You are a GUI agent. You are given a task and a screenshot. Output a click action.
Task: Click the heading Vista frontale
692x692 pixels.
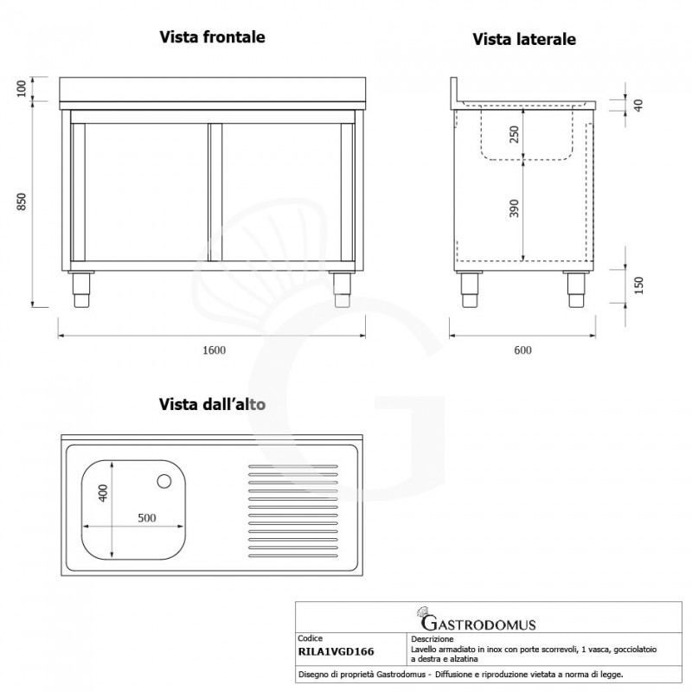click(212, 37)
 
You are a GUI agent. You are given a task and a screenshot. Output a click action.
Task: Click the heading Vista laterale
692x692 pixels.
click(524, 39)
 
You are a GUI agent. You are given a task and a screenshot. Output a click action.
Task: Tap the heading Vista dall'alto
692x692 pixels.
click(212, 403)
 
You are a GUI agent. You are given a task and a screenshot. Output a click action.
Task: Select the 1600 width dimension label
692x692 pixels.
click(214, 349)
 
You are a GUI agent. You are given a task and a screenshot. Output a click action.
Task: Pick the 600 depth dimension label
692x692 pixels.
click(522, 349)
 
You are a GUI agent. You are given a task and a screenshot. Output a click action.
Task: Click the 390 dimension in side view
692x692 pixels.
click(514, 208)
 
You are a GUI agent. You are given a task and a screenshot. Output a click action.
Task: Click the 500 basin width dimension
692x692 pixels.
click(147, 519)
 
